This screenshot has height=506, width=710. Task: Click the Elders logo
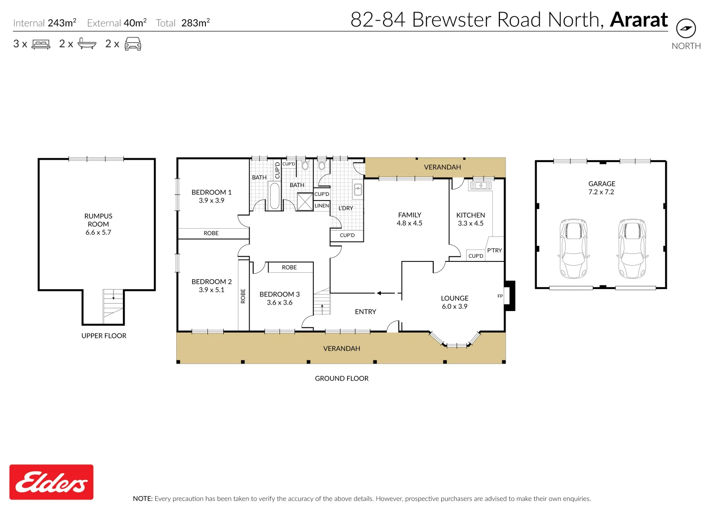[x=52, y=482]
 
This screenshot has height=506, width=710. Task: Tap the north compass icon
[x=686, y=29]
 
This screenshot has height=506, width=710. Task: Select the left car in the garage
[x=573, y=248]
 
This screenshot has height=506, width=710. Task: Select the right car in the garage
[x=632, y=248]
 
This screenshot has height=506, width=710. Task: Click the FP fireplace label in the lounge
[x=500, y=296]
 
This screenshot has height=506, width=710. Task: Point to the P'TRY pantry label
[x=494, y=250]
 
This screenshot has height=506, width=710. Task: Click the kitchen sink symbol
[x=480, y=186]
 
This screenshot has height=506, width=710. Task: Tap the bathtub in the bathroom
[x=274, y=196]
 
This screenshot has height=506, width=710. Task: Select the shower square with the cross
[x=305, y=201]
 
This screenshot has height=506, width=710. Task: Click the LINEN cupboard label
[x=322, y=206]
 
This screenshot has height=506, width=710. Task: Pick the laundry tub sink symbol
[x=358, y=190]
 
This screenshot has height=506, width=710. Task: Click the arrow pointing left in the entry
[x=385, y=293]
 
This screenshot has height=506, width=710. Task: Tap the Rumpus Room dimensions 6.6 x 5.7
[x=98, y=232]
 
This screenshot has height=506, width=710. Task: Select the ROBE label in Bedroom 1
[x=211, y=233]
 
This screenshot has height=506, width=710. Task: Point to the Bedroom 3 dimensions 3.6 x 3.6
[x=279, y=303]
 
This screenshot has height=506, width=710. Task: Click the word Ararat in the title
[x=639, y=20]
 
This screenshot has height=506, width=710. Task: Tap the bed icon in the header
[x=41, y=44]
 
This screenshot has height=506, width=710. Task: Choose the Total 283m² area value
[x=195, y=23]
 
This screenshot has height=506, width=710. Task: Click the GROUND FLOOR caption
[x=341, y=379]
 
